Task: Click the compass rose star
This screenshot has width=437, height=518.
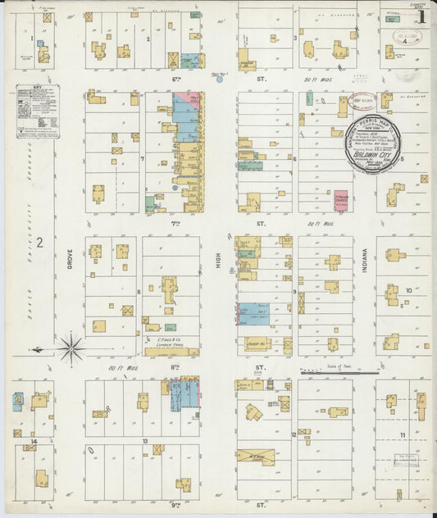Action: coord(71,349)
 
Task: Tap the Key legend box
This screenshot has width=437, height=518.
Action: coord(38,111)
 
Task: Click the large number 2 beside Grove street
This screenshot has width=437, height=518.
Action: coord(38,243)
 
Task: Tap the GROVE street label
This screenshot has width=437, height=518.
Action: coord(71,263)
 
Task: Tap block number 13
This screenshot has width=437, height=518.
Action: coord(144,441)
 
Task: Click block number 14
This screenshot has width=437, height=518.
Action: coord(33,441)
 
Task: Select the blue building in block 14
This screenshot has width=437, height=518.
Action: coord(17,402)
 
